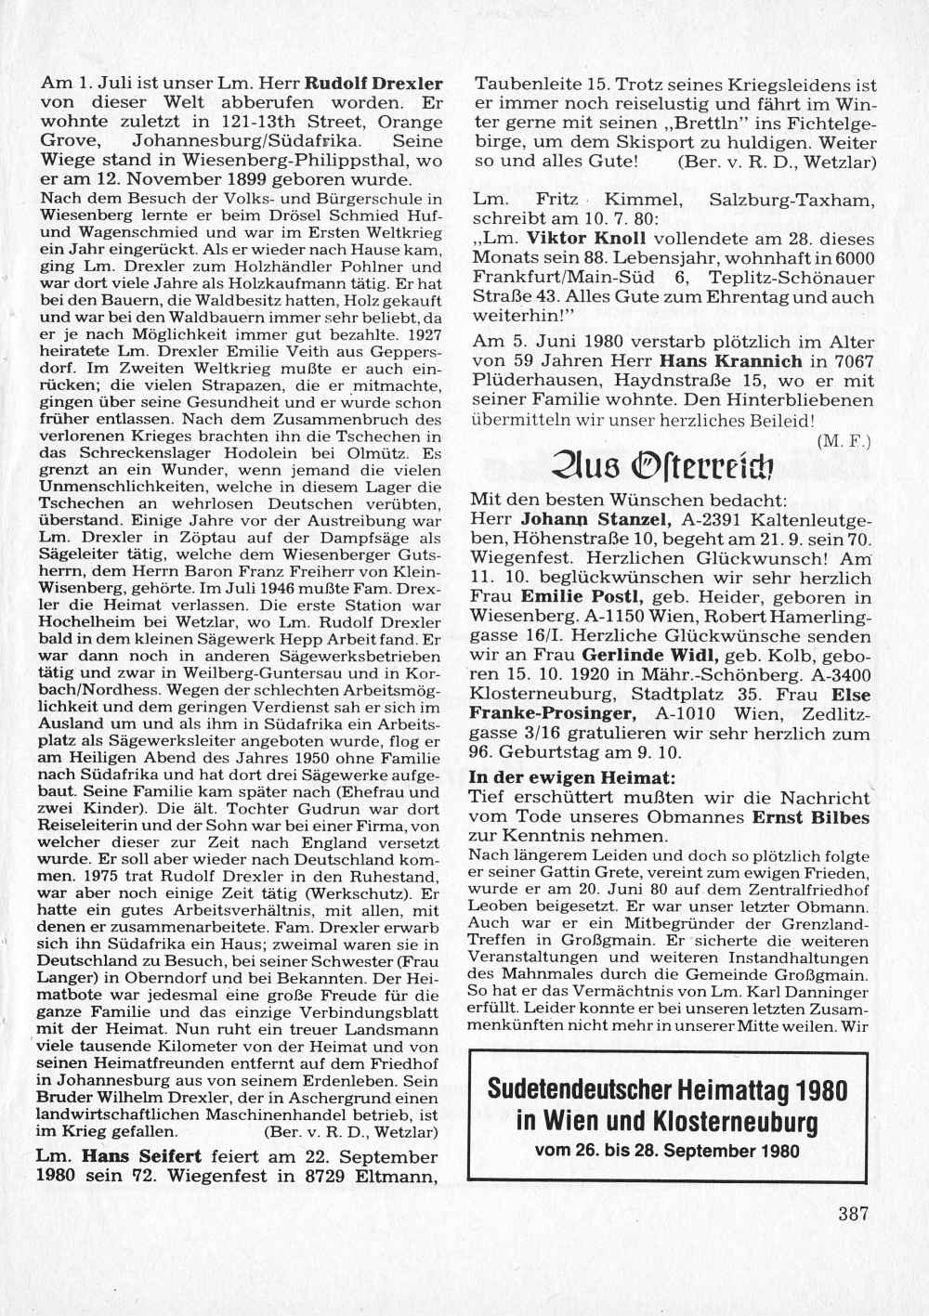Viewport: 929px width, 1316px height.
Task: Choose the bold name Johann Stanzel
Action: point(576,518)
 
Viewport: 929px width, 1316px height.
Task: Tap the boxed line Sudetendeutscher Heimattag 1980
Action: point(668,1089)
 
